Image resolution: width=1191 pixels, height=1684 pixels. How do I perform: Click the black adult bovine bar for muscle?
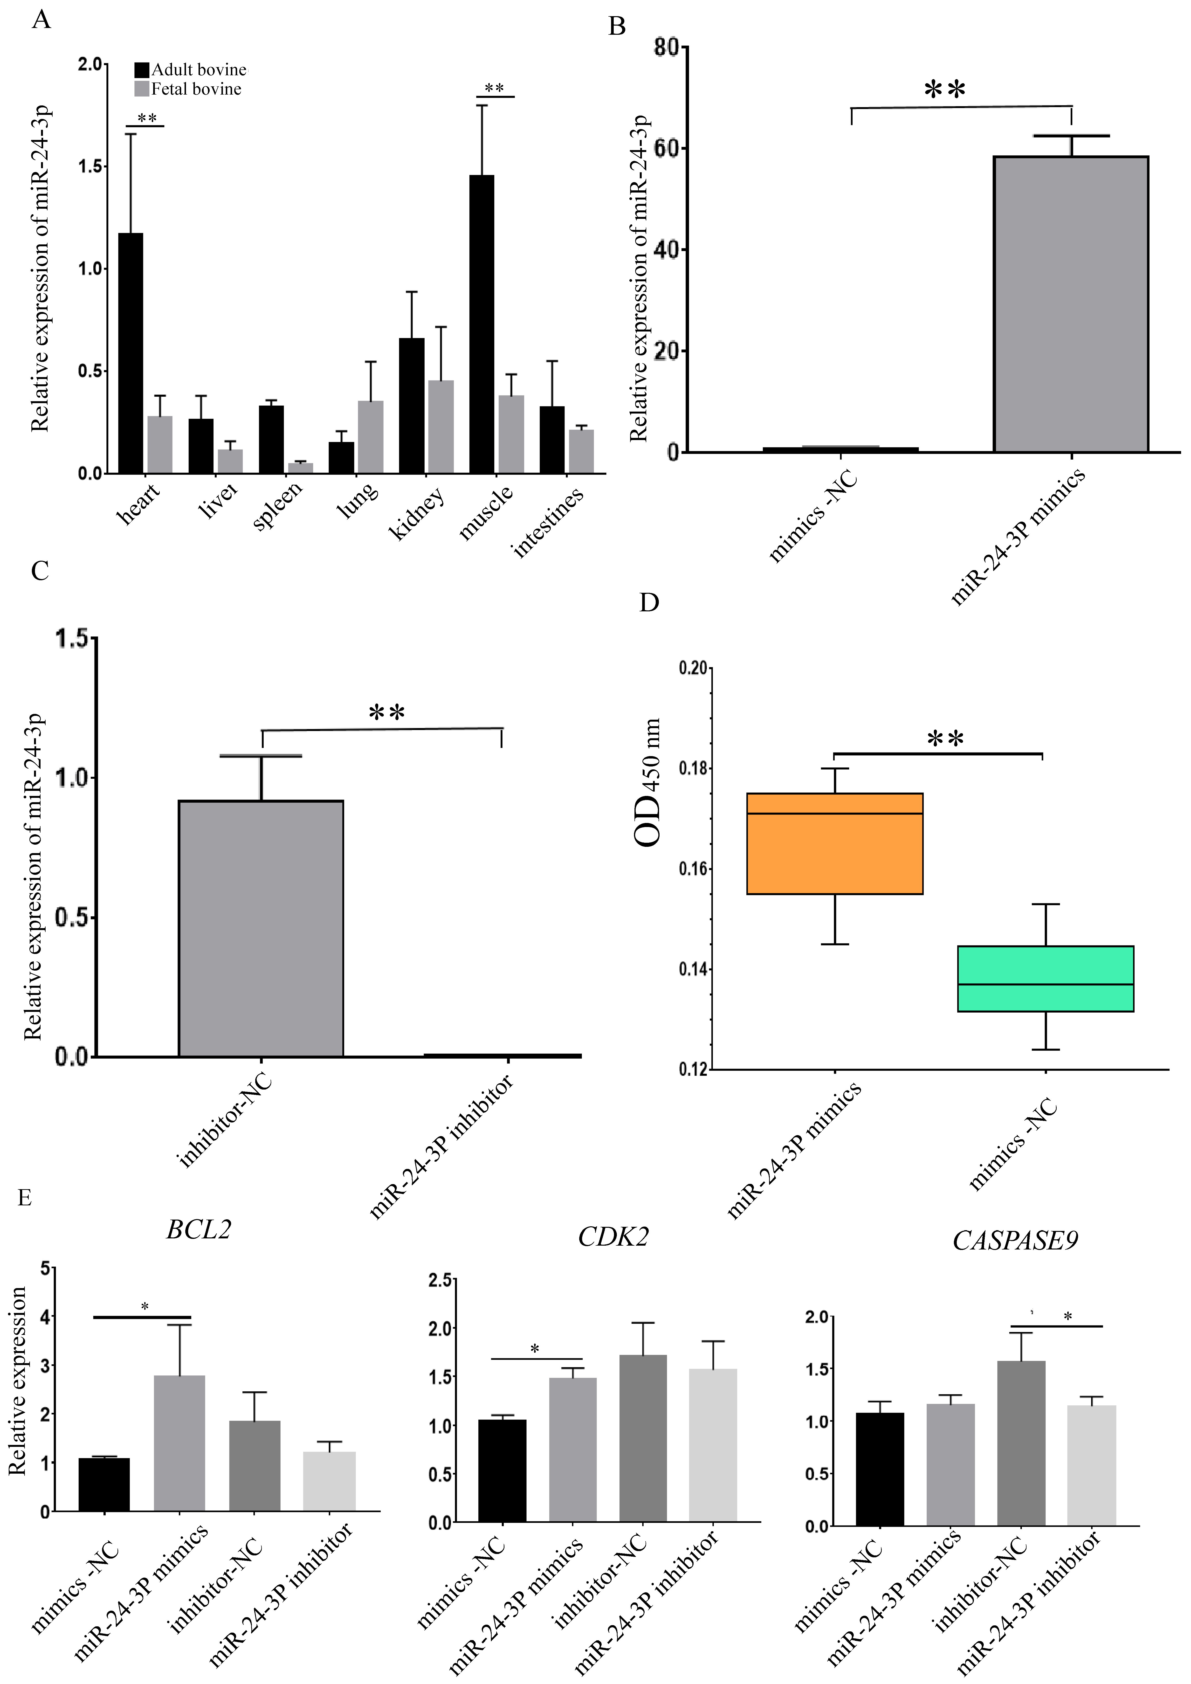click(x=482, y=324)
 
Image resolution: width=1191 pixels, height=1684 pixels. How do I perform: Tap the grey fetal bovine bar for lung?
click(x=370, y=437)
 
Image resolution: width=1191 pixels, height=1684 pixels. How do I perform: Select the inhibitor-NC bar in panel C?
click(x=261, y=929)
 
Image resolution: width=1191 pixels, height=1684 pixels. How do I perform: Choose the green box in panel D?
click(x=1046, y=979)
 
